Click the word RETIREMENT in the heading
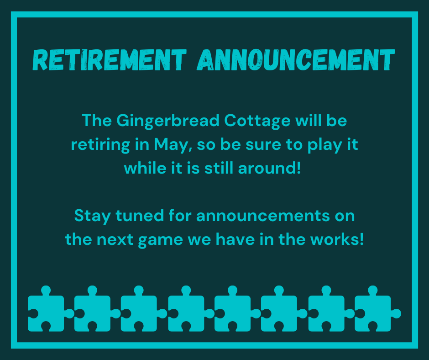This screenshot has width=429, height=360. (110, 60)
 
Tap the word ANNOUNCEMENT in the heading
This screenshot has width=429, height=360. (296, 60)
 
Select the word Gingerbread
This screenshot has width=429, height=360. (168, 121)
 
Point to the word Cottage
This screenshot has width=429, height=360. (257, 121)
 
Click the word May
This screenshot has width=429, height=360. (171, 145)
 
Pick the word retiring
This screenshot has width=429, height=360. (100, 145)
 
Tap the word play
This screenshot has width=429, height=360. (325, 145)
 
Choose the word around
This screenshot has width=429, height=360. (269, 168)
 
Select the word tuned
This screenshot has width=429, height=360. (140, 216)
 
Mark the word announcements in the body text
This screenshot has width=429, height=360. (263, 216)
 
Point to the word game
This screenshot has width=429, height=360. (161, 240)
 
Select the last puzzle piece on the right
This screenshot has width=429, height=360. (377, 309)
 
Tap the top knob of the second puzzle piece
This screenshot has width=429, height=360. (93, 290)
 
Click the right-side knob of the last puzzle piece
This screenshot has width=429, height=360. (396, 314)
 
